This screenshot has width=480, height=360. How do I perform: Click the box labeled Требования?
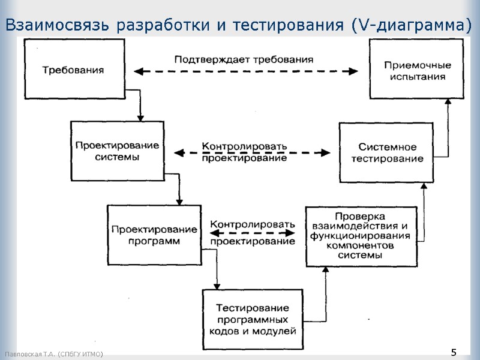tap(73, 69)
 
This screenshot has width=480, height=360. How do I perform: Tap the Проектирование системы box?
tap(117, 151)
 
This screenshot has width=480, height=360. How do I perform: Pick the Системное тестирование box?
tap(386, 152)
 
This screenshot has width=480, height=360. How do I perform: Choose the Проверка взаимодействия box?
tap(360, 236)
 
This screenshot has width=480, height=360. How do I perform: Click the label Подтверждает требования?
tap(244, 59)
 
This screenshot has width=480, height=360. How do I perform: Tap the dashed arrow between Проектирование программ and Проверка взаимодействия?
tap(253, 233)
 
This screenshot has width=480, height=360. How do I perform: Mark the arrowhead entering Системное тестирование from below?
tap(424, 187)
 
